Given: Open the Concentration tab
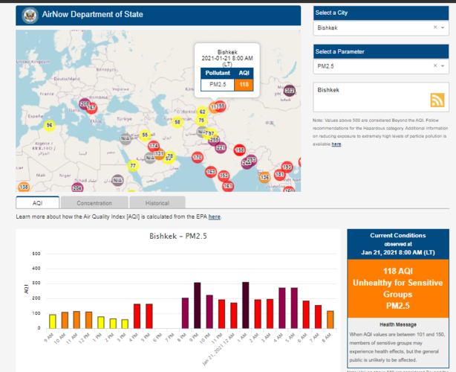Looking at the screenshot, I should tap(94, 202).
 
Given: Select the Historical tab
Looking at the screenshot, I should tap(157, 202).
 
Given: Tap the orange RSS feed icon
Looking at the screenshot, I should tap(437, 100).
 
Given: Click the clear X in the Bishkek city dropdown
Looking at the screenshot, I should tap(434, 28).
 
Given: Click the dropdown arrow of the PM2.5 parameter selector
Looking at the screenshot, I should tap(444, 66).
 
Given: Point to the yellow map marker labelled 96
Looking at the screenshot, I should tap(49, 126).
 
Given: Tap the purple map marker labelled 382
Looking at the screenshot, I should tap(290, 91).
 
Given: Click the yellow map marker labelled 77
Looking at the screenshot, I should tap(132, 165).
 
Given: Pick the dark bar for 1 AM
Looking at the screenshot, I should tap(246, 306).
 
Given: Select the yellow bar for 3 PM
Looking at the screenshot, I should tap(125, 324).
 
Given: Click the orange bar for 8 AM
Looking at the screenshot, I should tap(330, 320).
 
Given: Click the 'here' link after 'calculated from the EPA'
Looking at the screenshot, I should tap(214, 217).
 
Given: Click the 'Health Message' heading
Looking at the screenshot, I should tap(397, 324).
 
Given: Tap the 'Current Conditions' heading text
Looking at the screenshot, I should tap(397, 236).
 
